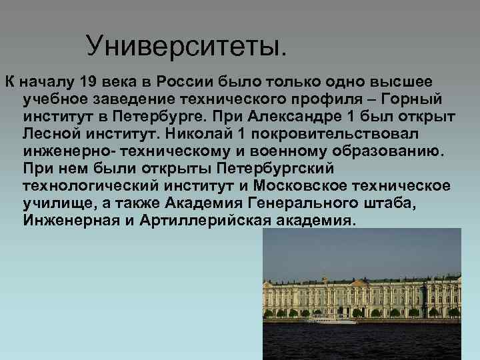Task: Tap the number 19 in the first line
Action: coord(89,82)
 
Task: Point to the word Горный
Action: coord(413,99)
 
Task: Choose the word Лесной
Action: coord(49,134)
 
